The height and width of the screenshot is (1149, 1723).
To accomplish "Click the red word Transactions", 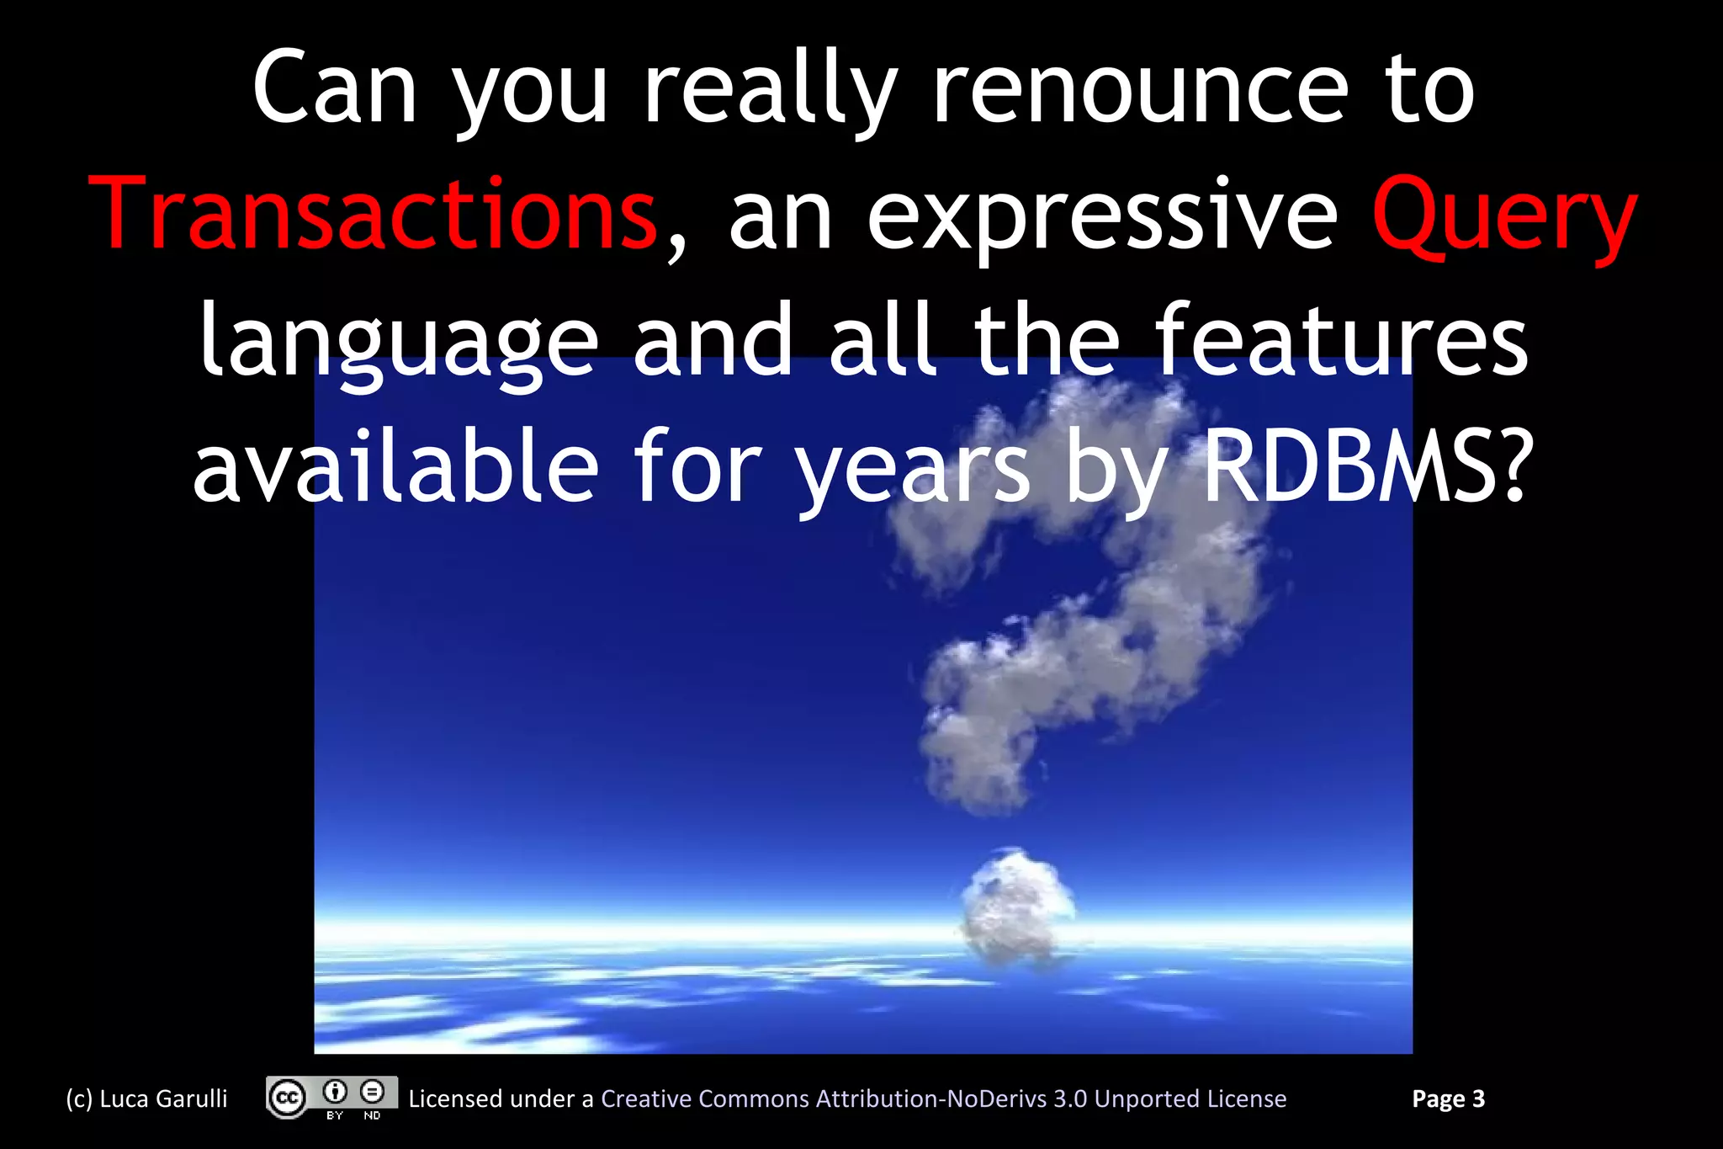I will (x=373, y=215).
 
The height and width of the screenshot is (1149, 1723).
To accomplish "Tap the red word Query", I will (x=1504, y=217).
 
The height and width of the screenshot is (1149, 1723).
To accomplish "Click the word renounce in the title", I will (x=1141, y=89).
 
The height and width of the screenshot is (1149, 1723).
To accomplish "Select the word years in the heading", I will (x=914, y=470).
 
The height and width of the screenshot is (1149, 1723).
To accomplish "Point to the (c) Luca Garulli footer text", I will (x=147, y=1099).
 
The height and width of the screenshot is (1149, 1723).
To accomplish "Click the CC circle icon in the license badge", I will (x=287, y=1098).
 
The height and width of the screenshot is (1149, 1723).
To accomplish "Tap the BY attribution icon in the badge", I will (x=336, y=1093).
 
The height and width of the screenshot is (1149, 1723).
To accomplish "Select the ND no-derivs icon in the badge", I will (x=373, y=1093).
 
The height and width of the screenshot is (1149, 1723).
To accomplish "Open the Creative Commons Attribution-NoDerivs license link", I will (x=943, y=1099).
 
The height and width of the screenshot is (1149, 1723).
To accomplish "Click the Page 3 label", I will (x=1448, y=1099).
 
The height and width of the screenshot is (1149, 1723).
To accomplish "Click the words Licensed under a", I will (x=501, y=1099).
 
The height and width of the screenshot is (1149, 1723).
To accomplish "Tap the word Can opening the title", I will (x=335, y=89).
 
